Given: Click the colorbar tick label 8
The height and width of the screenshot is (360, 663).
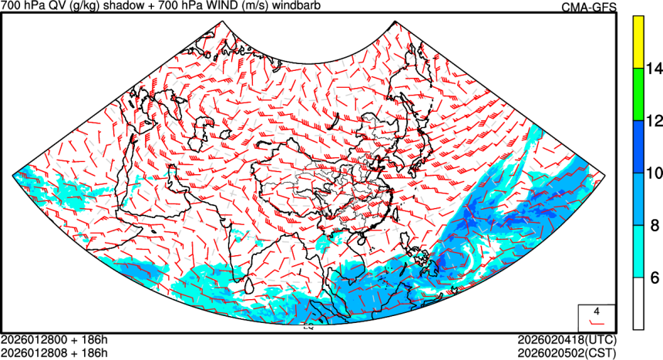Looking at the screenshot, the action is (x=651, y=225).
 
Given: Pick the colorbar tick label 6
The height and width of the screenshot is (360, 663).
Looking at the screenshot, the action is (x=651, y=278).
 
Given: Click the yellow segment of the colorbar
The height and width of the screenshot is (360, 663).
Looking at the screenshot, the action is (x=638, y=42).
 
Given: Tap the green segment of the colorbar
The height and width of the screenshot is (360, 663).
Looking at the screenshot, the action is (x=638, y=94).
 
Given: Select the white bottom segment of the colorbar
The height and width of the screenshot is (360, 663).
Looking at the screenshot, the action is (x=638, y=303).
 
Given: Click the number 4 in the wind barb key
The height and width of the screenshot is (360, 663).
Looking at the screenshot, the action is (x=596, y=311).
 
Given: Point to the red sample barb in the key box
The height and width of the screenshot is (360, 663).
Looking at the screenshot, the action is (x=596, y=320).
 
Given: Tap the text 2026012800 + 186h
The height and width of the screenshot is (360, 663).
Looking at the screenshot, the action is (x=54, y=339).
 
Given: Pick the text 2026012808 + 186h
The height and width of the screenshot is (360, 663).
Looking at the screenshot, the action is (x=54, y=352).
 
